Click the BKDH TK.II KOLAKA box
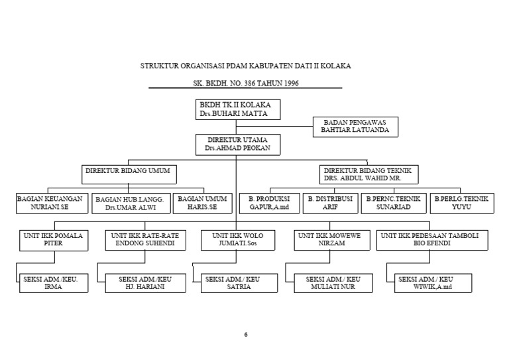pyautogui.click(x=237, y=109)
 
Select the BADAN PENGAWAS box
pyautogui.click(x=355, y=127)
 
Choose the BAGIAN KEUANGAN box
pyautogui.click(x=51, y=203)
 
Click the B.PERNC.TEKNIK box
pyautogui.click(x=393, y=203)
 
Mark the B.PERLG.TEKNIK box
pyautogui.click(x=461, y=203)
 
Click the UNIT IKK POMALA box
pyautogui.click(x=54, y=240)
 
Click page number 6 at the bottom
pyautogui.click(x=245, y=334)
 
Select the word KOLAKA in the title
pyautogui.click(x=335, y=66)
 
